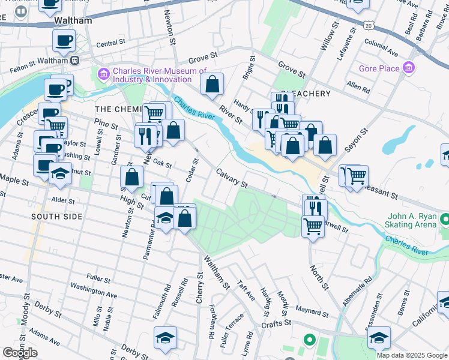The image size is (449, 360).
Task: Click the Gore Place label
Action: pos(379,68)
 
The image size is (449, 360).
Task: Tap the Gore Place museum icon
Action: pos(410,67)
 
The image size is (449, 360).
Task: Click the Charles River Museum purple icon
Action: pos(102,74)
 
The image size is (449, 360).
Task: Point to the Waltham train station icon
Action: pos(75,61)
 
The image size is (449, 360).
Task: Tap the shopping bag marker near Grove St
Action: pos(212,85)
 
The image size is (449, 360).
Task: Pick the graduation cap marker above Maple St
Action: pos(60,173)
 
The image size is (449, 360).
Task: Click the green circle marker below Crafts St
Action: pos(309,340)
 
